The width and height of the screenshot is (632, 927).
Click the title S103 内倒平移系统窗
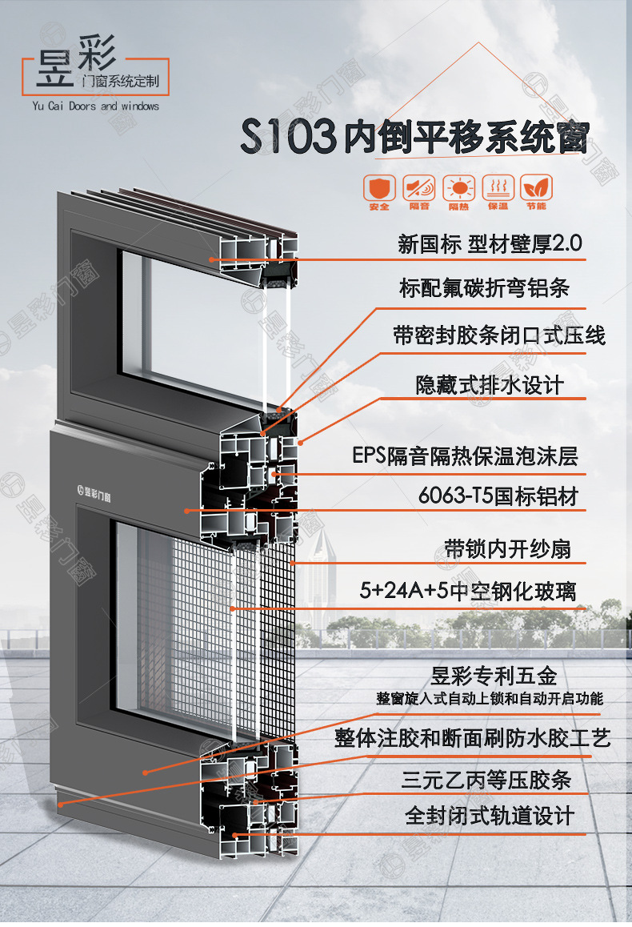point(414,137)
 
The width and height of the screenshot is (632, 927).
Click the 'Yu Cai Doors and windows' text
point(96,106)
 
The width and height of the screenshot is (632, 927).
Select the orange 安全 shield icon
point(380,188)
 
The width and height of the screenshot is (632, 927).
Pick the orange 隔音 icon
point(419,188)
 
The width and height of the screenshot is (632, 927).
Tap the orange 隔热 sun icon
point(458,188)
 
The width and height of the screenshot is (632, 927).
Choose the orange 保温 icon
point(497,188)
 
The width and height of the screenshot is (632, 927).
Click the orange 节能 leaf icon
point(536,188)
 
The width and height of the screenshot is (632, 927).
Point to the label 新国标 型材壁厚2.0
point(490,243)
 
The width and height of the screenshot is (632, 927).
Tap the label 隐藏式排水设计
point(490,385)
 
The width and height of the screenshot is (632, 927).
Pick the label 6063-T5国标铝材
point(498,496)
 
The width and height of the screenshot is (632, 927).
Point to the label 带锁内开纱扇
point(508,549)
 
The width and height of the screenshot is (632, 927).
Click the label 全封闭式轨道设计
point(490,816)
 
